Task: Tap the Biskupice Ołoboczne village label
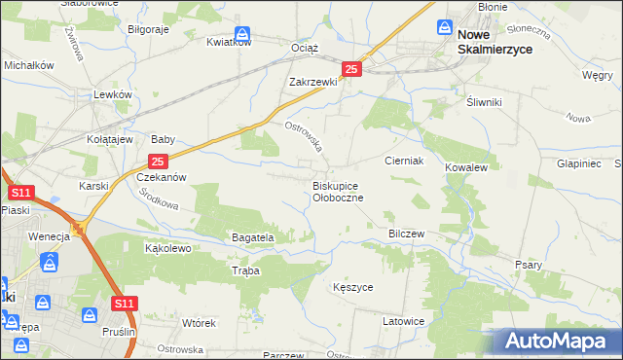click(338, 191)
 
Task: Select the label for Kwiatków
click(230, 42)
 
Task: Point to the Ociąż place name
click(305, 48)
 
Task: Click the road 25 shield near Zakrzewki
click(352, 69)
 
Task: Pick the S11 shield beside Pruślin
click(124, 305)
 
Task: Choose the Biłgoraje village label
click(149, 29)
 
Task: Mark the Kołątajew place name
click(106, 139)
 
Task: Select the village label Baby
click(162, 139)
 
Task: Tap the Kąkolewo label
click(167, 248)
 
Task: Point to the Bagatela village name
click(253, 236)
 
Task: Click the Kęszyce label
click(352, 288)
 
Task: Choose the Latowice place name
click(403, 321)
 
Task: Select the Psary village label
click(529, 265)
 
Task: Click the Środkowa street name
click(159, 199)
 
